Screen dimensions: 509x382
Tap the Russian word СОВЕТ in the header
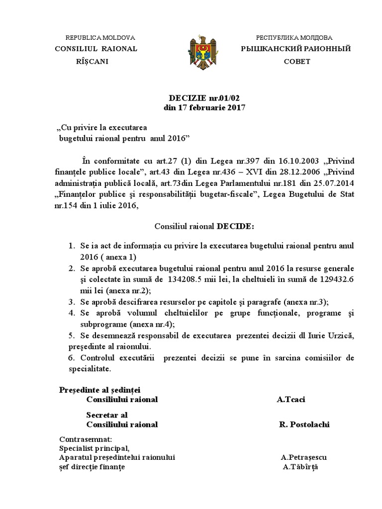point(296,62)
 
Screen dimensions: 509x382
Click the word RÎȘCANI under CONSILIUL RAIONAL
point(92,62)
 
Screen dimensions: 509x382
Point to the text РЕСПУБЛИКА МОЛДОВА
point(294,38)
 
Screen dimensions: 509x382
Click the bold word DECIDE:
point(235,227)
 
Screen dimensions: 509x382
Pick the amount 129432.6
point(333,279)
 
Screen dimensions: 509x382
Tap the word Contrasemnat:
point(85,439)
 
